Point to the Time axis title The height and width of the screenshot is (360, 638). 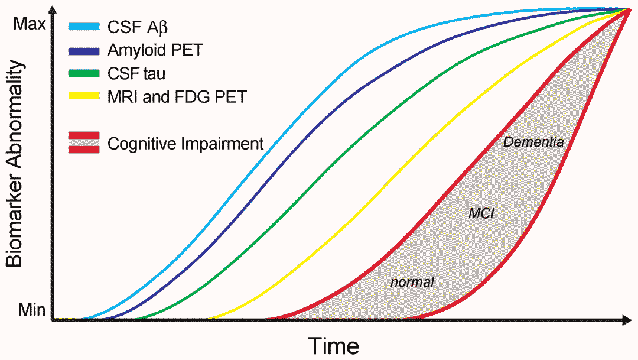tap(335, 344)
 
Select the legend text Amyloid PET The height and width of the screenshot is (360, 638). tap(155, 50)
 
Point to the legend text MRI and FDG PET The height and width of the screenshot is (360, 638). tap(176, 96)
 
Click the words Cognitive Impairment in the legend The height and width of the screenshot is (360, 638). tap(185, 144)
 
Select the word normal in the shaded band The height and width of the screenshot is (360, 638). tap(412, 282)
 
